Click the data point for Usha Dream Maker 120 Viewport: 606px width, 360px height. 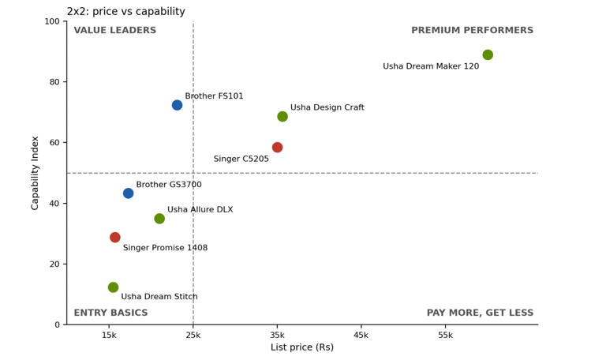pos(488,55)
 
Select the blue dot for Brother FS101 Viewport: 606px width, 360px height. pos(177,105)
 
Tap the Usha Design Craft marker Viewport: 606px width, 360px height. pos(282,116)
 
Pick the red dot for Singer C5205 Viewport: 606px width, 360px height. pos(277,148)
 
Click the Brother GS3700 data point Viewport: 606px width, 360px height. pos(129,193)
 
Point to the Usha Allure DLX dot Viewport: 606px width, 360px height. pos(159,219)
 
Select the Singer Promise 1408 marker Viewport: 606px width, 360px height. pos(114,238)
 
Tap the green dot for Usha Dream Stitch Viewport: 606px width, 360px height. pos(114,287)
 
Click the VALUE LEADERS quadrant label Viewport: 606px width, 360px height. pos(114,30)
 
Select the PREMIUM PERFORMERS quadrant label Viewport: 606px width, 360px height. pos(473,30)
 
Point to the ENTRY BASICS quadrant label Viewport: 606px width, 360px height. pos(111,313)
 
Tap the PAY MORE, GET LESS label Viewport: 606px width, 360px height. pos(480,313)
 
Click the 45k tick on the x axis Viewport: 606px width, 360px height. pos(361,336)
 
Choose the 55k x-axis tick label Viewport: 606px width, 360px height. pos(445,336)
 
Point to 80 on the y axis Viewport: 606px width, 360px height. pos(54,82)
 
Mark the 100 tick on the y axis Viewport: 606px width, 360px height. pos(52,21)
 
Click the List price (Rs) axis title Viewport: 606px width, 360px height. pos(302,347)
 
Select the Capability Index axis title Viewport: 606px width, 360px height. pos(35,173)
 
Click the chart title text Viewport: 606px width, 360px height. pos(126,12)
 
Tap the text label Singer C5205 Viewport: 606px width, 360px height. pos(241,159)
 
